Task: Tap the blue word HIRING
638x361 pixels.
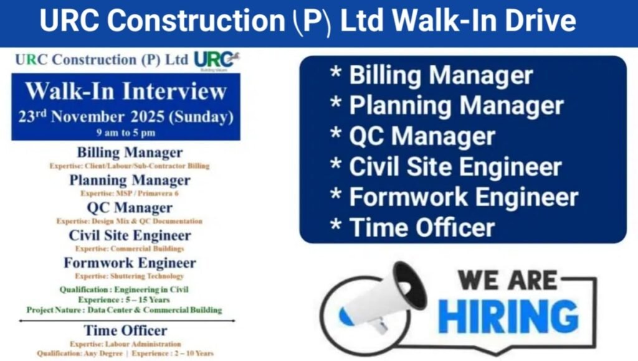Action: click(507, 316)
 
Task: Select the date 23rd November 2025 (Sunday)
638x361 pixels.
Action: click(126, 116)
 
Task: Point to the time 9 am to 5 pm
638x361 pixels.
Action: click(126, 133)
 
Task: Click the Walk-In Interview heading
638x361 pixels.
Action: click(126, 91)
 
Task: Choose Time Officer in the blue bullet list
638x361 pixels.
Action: click(422, 227)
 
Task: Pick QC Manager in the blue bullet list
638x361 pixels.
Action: click(422, 136)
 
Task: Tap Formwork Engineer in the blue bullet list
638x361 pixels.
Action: click(464, 197)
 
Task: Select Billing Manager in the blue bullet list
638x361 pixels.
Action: click(440, 75)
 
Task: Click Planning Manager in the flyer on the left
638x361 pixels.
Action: click(130, 180)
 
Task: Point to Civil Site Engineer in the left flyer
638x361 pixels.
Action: click(130, 236)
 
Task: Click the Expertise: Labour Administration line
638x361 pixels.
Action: click(126, 344)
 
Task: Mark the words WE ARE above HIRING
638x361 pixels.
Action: click(508, 279)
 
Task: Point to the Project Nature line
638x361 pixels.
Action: click(124, 309)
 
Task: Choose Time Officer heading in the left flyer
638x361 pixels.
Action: click(126, 331)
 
